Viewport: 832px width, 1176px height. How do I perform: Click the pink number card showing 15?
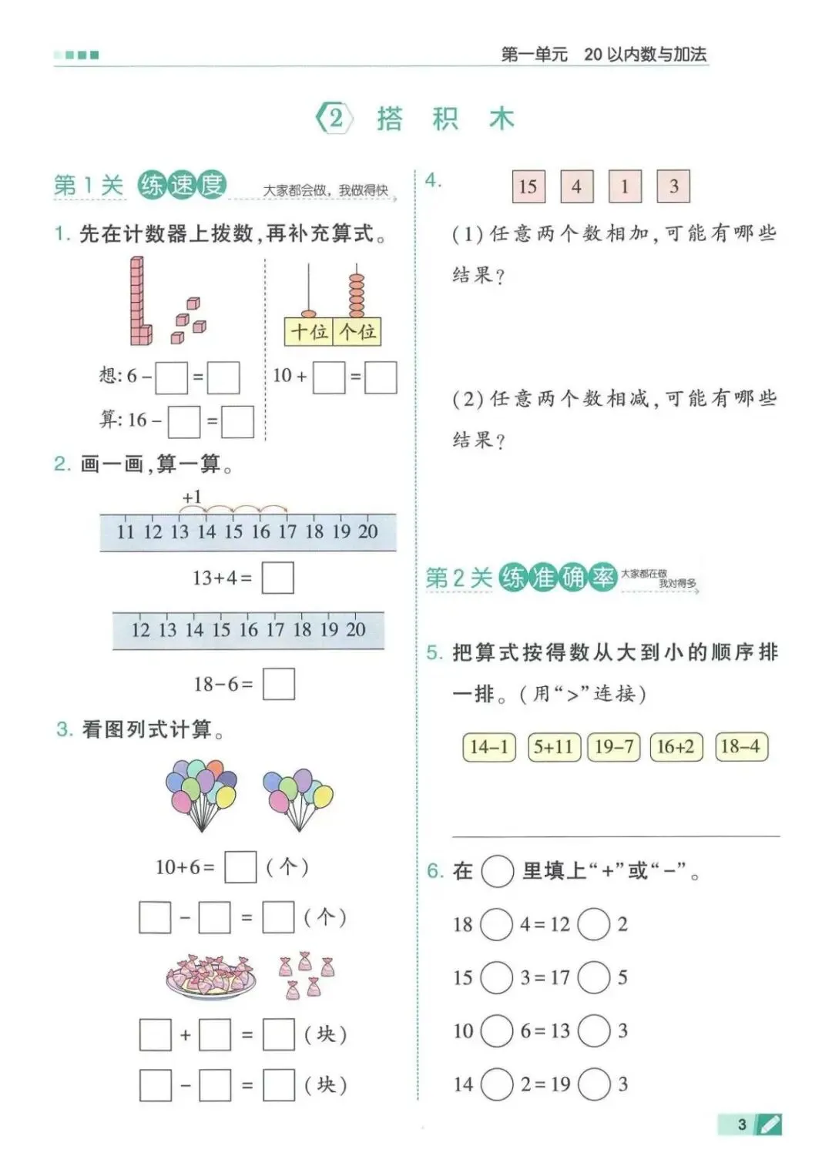(528, 186)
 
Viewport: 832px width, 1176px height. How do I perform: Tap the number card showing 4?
(576, 186)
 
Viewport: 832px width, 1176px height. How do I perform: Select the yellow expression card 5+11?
(553, 746)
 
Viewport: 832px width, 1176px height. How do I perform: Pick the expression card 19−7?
(614, 746)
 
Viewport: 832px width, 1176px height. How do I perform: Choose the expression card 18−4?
(740, 746)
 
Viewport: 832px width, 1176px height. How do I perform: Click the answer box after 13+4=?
(277, 578)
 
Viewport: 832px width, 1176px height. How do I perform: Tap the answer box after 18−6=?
(278, 684)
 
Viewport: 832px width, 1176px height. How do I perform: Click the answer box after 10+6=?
(240, 867)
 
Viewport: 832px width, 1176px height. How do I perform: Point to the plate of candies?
(211, 977)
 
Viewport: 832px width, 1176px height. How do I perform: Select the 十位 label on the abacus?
(309, 332)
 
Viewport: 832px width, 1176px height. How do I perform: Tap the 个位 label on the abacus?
(357, 332)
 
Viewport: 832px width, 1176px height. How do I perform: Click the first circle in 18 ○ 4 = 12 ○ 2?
(496, 924)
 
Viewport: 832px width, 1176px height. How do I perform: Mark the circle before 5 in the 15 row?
(594, 977)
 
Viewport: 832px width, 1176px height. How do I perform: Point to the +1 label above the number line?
(192, 498)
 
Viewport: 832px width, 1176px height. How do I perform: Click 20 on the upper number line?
(368, 531)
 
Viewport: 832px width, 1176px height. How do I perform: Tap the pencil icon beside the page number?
(769, 1124)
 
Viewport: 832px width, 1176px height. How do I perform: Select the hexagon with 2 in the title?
(335, 119)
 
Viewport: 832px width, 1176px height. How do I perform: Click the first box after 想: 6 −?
(171, 377)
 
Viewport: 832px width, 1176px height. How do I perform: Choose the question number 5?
(434, 653)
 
